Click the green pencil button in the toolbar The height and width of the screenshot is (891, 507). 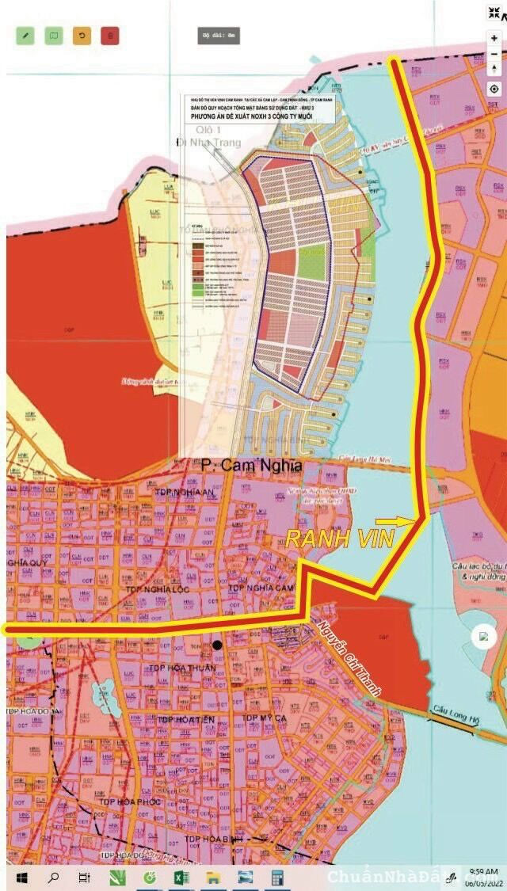click(x=25, y=36)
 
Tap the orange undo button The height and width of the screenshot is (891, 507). click(x=82, y=36)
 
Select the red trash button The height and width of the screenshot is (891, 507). click(x=110, y=36)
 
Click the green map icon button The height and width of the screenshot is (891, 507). click(x=54, y=36)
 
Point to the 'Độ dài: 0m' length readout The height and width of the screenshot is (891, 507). click(x=219, y=36)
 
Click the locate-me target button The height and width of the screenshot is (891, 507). click(x=494, y=89)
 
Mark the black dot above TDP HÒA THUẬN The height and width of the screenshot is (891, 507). click(x=216, y=645)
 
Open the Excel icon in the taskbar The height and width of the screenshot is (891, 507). click(x=180, y=877)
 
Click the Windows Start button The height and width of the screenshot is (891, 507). click(x=22, y=877)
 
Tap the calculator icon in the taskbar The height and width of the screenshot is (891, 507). click(x=277, y=877)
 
